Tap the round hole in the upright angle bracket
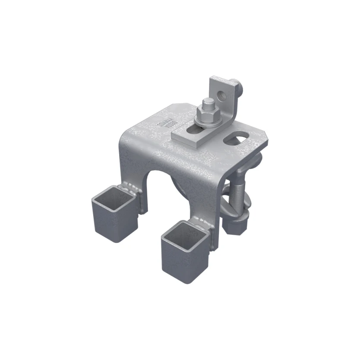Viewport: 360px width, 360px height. click(223, 94)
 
